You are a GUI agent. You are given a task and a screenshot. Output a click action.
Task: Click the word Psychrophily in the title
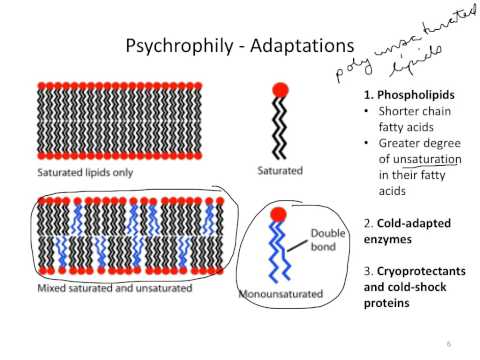[172, 47]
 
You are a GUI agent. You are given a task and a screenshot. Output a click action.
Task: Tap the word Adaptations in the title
[297, 47]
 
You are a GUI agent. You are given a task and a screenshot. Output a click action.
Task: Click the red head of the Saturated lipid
[279, 90]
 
